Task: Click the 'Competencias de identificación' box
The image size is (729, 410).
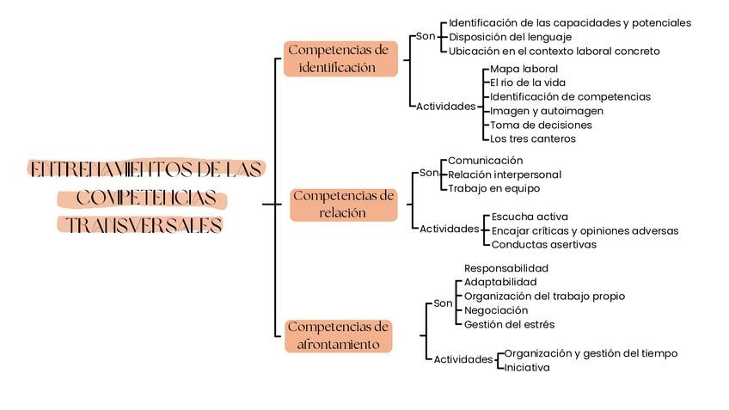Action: pyautogui.click(x=340, y=58)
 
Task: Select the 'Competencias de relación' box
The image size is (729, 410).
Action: pyautogui.click(x=343, y=205)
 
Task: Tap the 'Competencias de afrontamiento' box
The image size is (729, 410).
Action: pyautogui.click(x=338, y=336)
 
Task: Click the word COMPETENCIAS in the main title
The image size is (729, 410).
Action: pyautogui.click(x=145, y=199)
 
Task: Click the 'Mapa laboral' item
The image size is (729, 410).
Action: pyautogui.click(x=524, y=69)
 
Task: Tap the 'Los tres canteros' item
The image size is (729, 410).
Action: pyautogui.click(x=532, y=138)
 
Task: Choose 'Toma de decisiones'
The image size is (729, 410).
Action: pyautogui.click(x=541, y=125)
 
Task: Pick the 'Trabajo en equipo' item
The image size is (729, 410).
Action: pyautogui.click(x=493, y=188)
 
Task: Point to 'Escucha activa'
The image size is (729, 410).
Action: pyautogui.click(x=529, y=217)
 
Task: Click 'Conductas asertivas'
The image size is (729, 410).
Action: pyautogui.click(x=543, y=244)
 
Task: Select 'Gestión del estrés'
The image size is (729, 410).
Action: pyautogui.click(x=509, y=324)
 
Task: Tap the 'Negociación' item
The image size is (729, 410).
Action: pyautogui.click(x=496, y=310)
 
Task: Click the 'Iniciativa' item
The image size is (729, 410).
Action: pyautogui.click(x=526, y=367)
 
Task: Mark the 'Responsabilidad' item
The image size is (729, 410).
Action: pyautogui.click(x=505, y=268)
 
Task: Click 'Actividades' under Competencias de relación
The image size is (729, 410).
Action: pyautogui.click(x=449, y=229)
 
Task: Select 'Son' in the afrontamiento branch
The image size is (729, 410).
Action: pyautogui.click(x=443, y=303)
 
